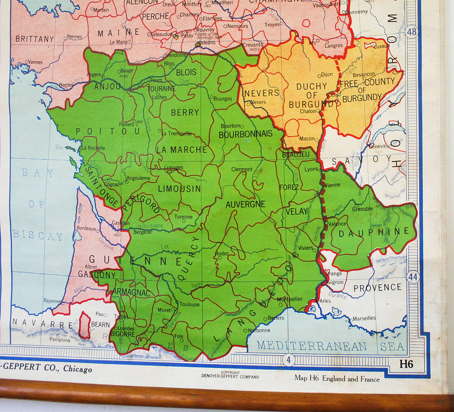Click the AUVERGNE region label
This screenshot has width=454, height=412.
click(245, 204)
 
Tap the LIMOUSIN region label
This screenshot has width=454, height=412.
click(179, 189)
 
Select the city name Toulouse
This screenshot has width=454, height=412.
click(190, 304)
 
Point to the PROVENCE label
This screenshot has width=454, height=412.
click(377, 287)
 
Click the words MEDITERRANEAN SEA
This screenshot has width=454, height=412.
click(331, 346)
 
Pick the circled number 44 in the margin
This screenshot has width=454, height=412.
click(413, 277)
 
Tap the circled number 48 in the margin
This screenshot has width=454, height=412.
click(412, 32)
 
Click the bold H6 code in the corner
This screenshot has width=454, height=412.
click(406, 364)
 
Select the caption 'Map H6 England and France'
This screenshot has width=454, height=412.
click(337, 379)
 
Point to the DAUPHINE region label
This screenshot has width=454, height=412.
click(373, 232)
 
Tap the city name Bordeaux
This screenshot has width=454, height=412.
click(86, 228)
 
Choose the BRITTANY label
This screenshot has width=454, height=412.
click(34, 39)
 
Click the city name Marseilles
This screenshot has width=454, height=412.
click(364, 318)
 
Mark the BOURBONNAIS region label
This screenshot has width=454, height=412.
click(245, 134)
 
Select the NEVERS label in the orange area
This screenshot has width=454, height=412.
click(261, 93)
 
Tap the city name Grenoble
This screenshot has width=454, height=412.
click(363, 208)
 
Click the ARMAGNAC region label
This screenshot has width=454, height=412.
click(132, 292)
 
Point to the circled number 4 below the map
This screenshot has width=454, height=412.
click(288, 360)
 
